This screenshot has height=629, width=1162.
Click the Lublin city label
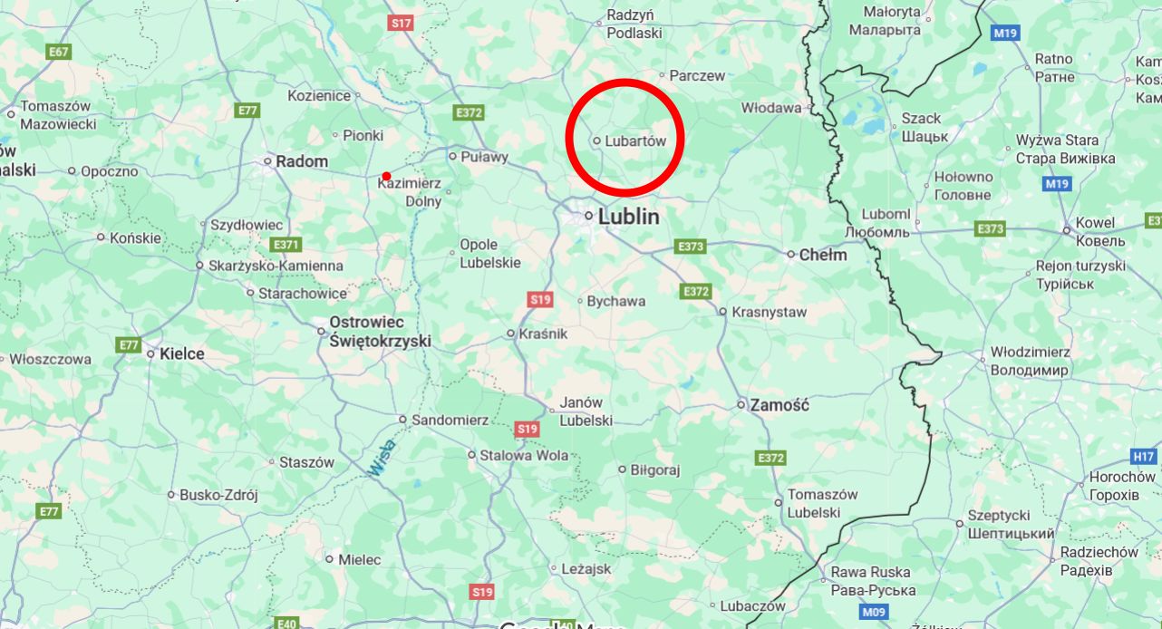[627, 217]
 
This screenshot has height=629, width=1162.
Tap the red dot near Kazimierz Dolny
[387, 176]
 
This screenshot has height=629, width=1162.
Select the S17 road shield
[401, 23]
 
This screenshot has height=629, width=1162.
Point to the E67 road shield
[59, 52]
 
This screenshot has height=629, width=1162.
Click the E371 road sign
[286, 245]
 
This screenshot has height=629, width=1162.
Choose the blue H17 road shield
[1144, 456]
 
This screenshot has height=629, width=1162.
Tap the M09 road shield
[873, 612]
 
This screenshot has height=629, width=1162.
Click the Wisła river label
[382, 458]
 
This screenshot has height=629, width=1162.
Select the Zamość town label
[780, 405]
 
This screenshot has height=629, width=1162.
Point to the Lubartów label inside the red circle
[635, 141]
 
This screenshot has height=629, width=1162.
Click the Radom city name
[302, 161]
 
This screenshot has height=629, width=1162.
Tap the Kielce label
[182, 353]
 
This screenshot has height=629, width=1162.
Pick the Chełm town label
[823, 255]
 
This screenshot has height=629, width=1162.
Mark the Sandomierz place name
[450, 420]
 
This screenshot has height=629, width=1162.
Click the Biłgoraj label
[655, 469]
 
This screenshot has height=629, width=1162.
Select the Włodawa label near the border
[770, 108]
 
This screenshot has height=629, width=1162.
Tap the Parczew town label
[697, 76]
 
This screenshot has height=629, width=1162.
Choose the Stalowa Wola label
[524, 455]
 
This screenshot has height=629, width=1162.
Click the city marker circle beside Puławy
[452, 156]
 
